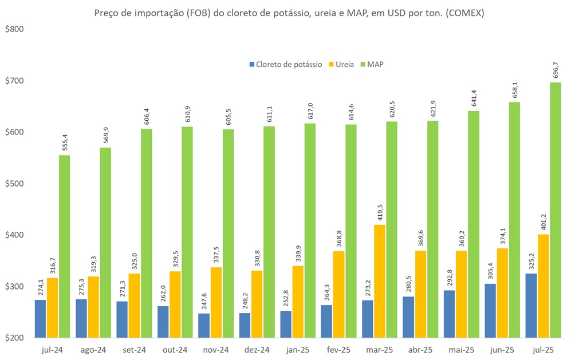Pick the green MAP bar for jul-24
65,246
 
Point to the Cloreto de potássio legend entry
285,64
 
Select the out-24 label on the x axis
175,350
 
